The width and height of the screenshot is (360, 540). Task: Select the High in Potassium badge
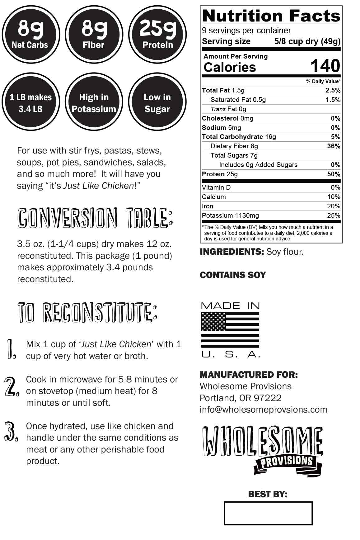point(94,102)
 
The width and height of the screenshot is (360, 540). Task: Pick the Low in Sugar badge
point(157,102)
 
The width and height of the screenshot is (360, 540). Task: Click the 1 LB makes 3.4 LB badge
point(30,102)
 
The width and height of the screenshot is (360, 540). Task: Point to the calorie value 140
point(325,66)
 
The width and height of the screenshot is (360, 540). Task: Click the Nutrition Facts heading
point(271,16)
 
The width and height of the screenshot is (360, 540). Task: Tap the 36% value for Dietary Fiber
point(334,146)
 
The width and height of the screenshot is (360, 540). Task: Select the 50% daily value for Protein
point(334,174)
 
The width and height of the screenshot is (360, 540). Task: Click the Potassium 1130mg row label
point(230,216)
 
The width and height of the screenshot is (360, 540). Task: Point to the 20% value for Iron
point(334,206)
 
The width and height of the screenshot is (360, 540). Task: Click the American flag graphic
point(230,330)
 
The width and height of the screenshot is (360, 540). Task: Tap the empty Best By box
point(268,513)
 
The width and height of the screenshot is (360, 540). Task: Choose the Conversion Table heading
point(95,218)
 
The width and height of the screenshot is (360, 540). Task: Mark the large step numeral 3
point(11,432)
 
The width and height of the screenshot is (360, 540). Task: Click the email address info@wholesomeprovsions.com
point(264,410)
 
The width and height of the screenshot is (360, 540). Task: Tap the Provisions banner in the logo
point(286,462)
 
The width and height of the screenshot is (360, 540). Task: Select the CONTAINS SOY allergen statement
point(233,275)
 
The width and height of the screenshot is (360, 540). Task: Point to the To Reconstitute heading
point(87,312)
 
